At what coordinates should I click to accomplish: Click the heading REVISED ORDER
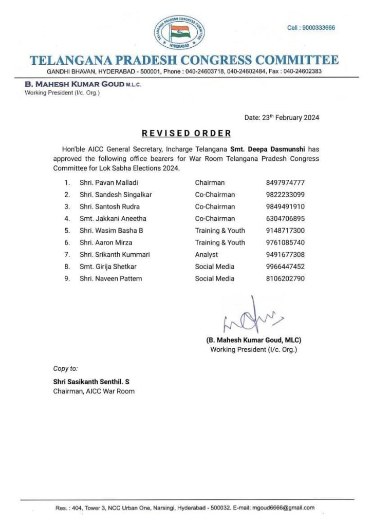pyautogui.click(x=187, y=133)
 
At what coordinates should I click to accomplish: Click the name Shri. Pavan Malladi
pyautogui.click(x=109, y=182)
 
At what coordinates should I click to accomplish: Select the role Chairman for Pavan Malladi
pyautogui.click(x=210, y=182)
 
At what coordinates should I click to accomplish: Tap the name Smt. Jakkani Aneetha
pyautogui.click(x=113, y=218)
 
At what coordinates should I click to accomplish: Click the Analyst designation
pyautogui.click(x=206, y=254)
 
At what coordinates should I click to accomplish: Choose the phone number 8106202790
pyautogui.click(x=283, y=278)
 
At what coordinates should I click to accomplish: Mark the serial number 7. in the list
pyautogui.click(x=67, y=254)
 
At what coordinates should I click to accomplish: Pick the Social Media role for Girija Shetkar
pyautogui.click(x=214, y=267)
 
